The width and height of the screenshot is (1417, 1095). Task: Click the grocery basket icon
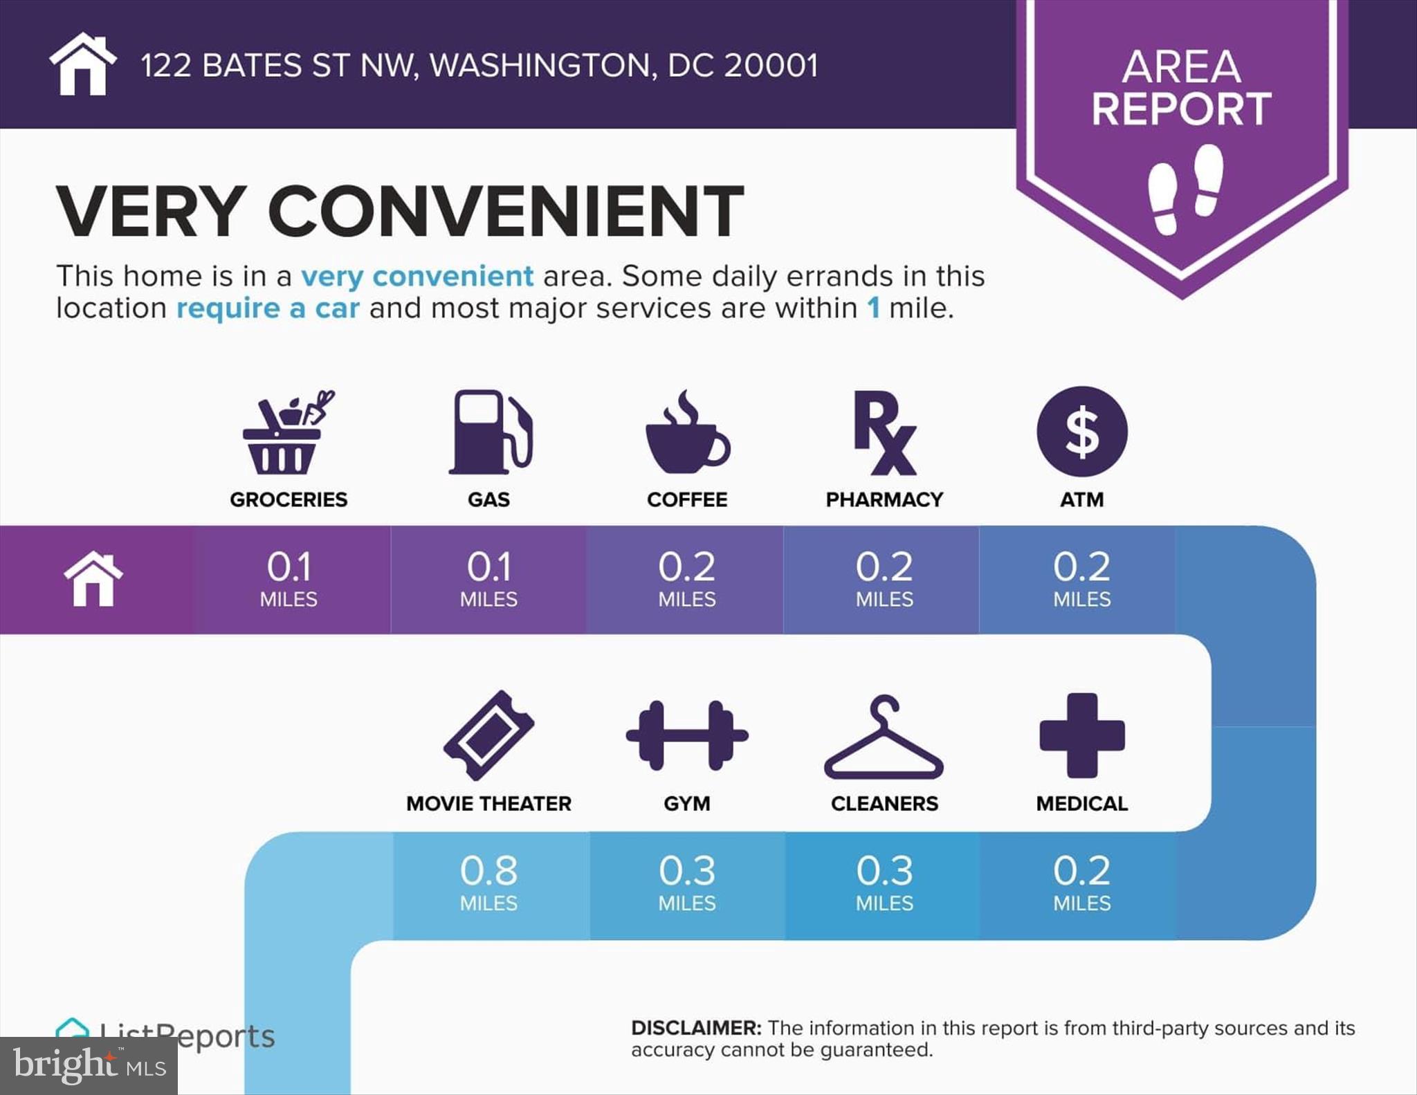[287, 433]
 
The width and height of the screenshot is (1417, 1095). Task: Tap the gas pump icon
[490, 432]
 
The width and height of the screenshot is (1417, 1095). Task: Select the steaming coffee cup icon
[687, 433]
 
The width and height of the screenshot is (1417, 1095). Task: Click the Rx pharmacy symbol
[884, 433]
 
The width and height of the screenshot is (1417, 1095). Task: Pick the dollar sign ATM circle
[1082, 432]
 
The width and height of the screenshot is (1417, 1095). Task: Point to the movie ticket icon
[488, 735]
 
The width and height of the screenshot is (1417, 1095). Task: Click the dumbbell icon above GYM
[687, 735]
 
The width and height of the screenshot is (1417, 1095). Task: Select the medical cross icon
[1082, 735]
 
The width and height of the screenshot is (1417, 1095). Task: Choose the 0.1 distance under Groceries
[289, 567]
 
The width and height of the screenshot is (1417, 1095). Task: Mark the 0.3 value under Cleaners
[884, 871]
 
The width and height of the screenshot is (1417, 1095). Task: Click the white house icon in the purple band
[93, 579]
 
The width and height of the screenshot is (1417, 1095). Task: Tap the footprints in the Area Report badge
[1185, 188]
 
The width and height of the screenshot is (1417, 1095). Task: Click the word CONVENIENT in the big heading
[506, 211]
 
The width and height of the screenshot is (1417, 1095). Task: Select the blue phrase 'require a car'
[268, 309]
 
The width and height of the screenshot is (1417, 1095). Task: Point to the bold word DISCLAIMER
[695, 1028]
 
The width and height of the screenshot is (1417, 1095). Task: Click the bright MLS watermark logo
[89, 1066]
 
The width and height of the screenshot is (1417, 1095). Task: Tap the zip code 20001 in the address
[771, 66]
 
